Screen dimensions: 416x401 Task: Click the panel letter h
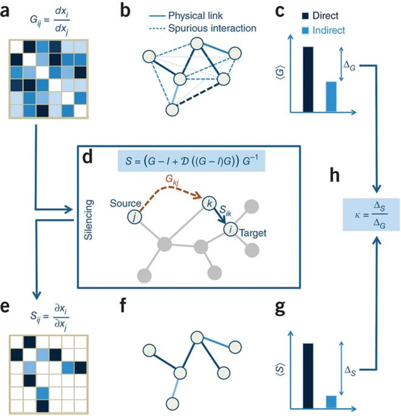click(x=335, y=175)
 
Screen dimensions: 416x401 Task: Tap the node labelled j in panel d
click(x=134, y=217)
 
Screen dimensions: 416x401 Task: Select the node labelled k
click(x=209, y=203)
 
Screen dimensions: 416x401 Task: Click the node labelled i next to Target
click(x=231, y=229)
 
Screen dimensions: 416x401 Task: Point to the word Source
click(x=125, y=203)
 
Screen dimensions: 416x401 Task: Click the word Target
click(x=253, y=233)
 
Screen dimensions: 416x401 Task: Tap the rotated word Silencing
click(x=89, y=220)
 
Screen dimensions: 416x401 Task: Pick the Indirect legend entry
click(x=324, y=30)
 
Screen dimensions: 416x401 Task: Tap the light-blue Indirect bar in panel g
click(x=331, y=402)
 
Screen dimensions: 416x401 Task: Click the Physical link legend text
click(x=195, y=15)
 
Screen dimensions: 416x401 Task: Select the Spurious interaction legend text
click(x=212, y=28)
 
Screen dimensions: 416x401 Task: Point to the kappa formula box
click(x=371, y=214)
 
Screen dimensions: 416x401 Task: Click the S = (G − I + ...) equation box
click(x=191, y=161)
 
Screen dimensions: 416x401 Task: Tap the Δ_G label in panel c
click(x=349, y=65)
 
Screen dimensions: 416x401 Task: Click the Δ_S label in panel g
click(x=350, y=370)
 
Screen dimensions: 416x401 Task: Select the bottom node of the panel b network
click(x=172, y=109)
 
